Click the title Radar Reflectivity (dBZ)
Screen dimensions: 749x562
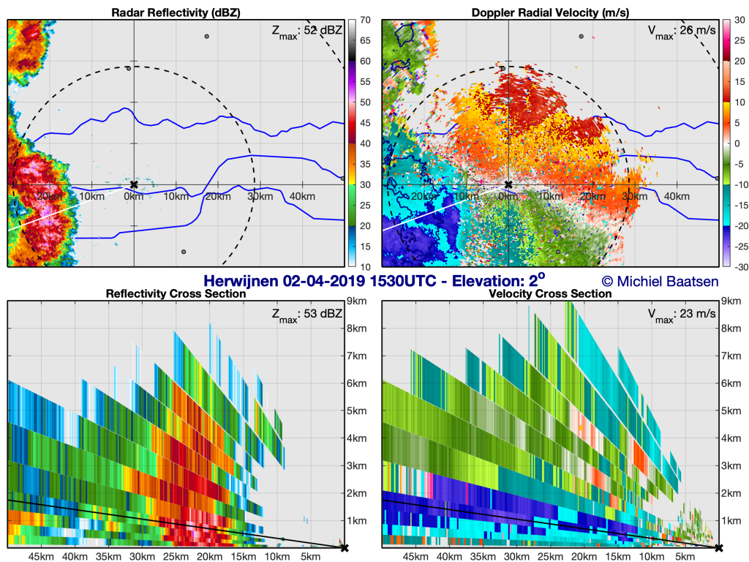176,12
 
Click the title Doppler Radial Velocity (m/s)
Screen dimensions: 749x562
550,12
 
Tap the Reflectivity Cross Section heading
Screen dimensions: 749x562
176,293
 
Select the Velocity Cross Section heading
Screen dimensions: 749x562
550,293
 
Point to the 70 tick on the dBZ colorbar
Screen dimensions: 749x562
366,20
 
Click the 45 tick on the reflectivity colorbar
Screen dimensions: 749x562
366,123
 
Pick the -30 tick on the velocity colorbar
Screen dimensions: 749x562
742,267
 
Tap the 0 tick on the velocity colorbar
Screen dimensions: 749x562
737,143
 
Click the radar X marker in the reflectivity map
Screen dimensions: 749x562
134,184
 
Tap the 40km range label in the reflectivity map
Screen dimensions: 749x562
302,196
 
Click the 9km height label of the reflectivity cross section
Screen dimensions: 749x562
357,301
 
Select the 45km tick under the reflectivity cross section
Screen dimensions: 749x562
41,557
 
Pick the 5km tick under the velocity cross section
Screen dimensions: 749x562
685,557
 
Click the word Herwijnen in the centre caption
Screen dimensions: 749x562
241,281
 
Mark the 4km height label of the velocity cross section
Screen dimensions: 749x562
731,438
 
